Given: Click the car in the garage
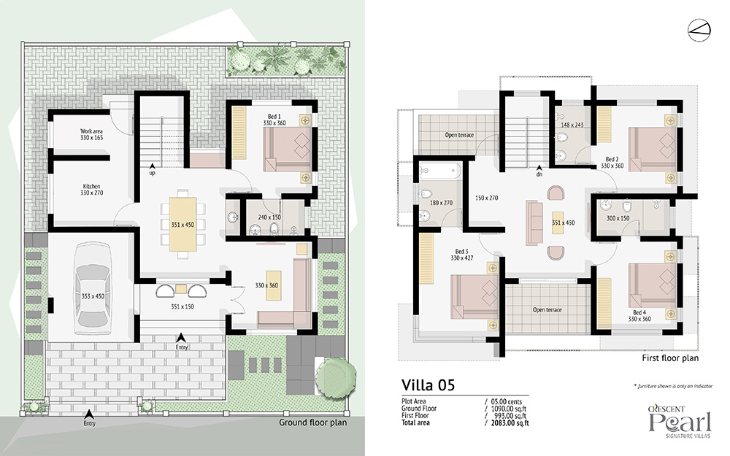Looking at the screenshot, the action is point(93,288).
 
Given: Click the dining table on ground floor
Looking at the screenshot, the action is point(182,224).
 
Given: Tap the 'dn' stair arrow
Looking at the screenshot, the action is point(539,168).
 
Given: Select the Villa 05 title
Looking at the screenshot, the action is point(428,385).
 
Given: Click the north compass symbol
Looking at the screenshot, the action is point(699,30).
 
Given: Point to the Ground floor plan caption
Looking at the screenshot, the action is point(313,422).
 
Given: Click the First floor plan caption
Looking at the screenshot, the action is point(670,358).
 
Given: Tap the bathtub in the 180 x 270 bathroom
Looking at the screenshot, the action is point(440,171).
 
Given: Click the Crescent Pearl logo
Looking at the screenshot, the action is point(680,422).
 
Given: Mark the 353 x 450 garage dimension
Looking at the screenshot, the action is point(93,296).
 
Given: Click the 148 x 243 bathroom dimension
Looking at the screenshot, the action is point(572,125).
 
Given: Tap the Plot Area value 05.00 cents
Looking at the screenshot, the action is point(507,401).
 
